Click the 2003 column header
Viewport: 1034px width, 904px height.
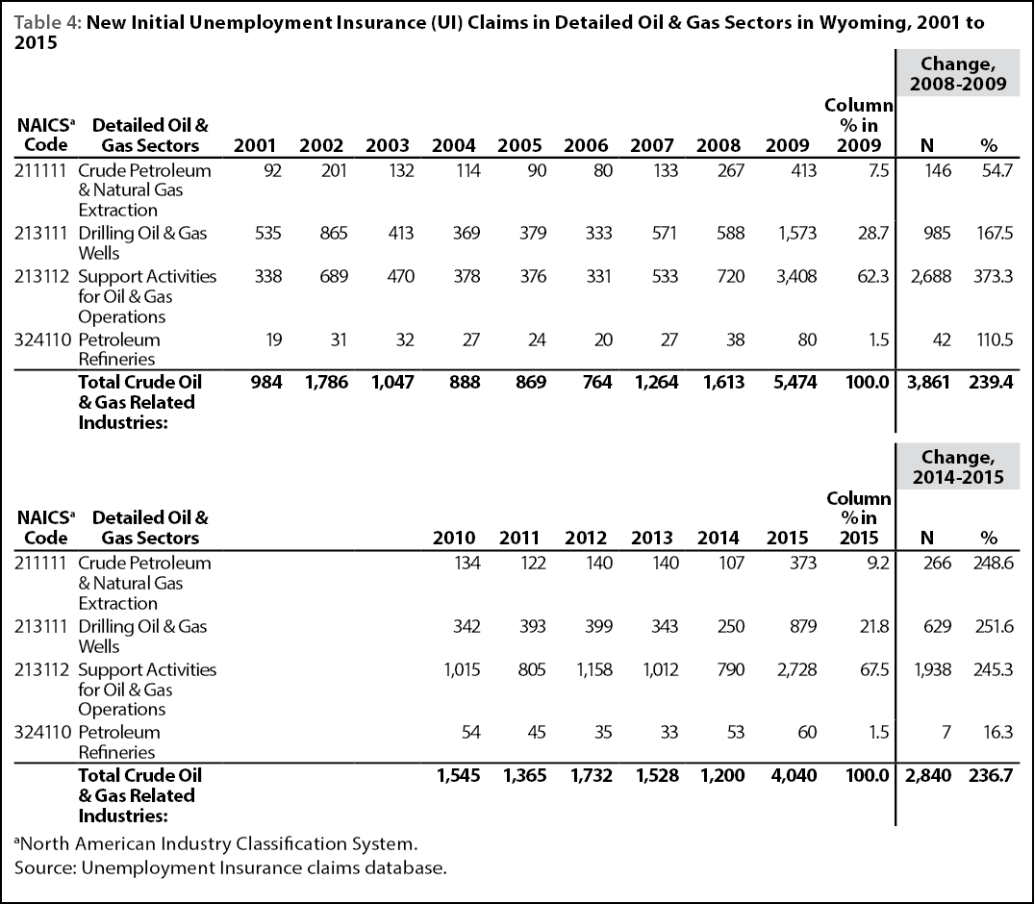click(x=388, y=145)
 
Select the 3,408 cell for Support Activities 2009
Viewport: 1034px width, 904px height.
click(x=796, y=276)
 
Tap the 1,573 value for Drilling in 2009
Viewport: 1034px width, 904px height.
click(x=797, y=234)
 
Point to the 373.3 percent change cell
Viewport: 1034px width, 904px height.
click(x=993, y=276)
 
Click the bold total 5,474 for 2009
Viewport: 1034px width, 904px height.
click(x=794, y=383)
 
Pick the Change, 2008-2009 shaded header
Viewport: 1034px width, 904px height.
click(x=957, y=73)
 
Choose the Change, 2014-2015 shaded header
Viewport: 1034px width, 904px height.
click(x=957, y=466)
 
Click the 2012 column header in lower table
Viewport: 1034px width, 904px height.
click(x=586, y=538)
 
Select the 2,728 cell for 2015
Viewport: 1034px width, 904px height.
click(x=796, y=670)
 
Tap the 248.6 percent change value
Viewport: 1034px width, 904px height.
click(x=993, y=564)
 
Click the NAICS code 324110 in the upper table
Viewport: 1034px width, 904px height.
click(x=42, y=339)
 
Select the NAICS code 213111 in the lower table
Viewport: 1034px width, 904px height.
click(x=41, y=626)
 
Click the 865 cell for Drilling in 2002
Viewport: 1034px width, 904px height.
click(x=334, y=234)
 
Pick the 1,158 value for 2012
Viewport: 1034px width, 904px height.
click(x=594, y=670)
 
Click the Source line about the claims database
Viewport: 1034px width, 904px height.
click(x=231, y=867)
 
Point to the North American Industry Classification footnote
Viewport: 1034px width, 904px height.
click(x=216, y=844)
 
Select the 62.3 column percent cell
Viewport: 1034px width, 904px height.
click(x=873, y=276)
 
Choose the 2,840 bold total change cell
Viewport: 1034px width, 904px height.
click(x=928, y=775)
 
